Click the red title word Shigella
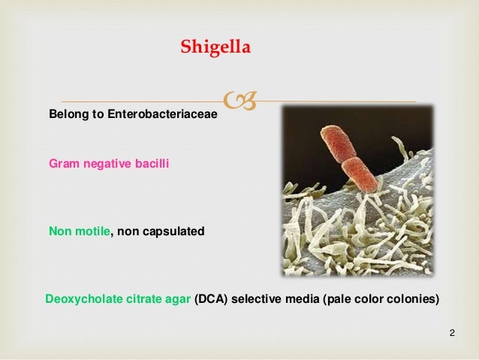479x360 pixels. click(x=217, y=49)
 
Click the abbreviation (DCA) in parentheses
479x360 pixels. click(x=209, y=299)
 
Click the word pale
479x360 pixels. click(x=336, y=299)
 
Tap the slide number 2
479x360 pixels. click(x=452, y=332)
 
